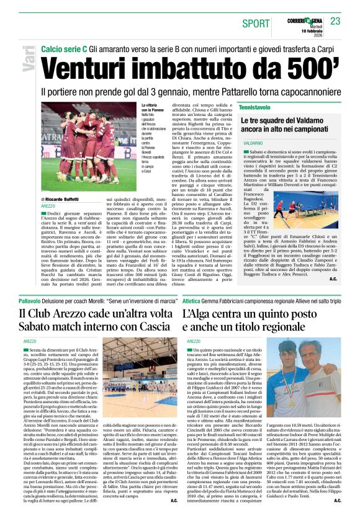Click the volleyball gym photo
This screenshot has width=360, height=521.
point(142,378)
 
